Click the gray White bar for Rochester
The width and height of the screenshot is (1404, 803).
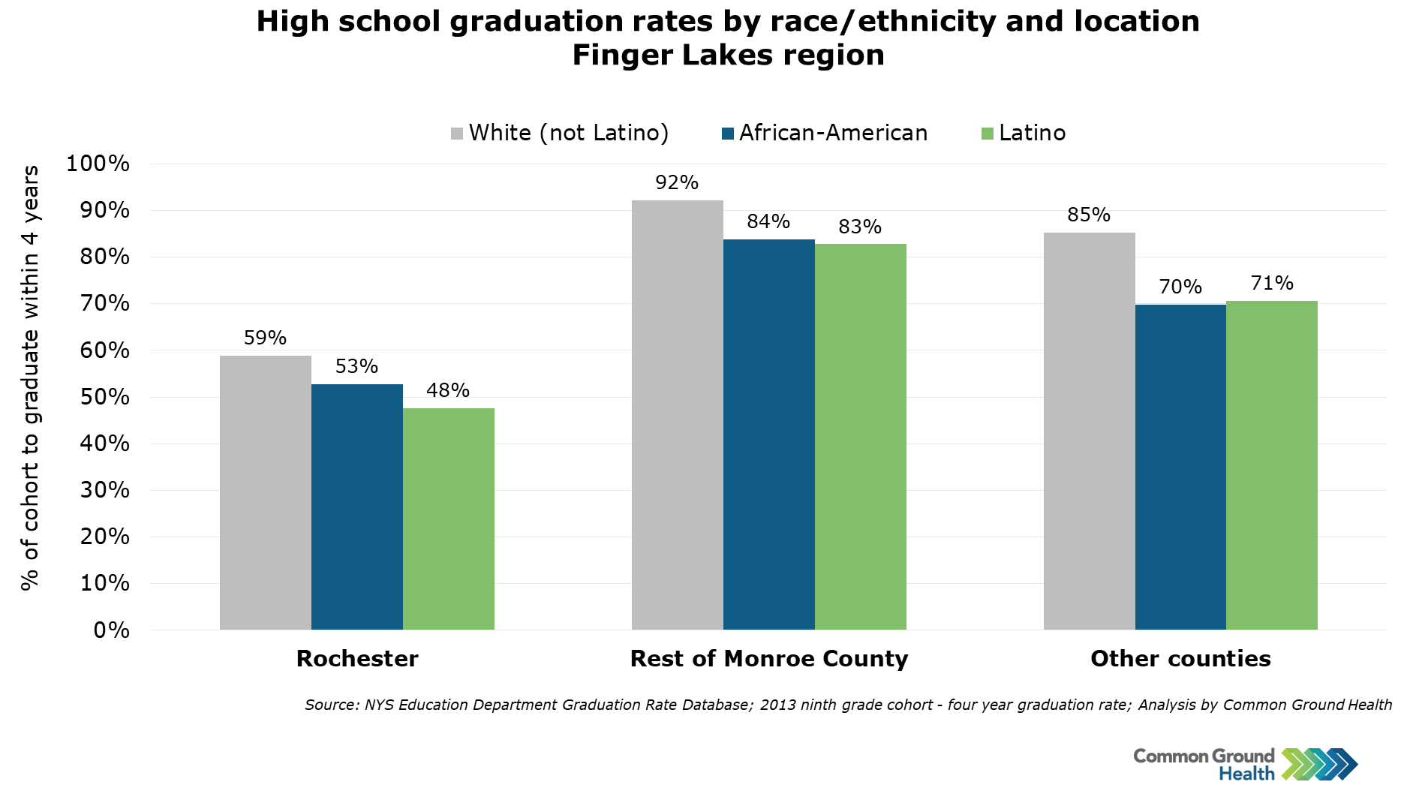(x=265, y=492)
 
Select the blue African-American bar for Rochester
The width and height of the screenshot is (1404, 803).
(x=356, y=507)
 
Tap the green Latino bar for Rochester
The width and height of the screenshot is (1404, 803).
(x=448, y=519)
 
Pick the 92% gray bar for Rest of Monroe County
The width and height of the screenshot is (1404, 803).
(x=677, y=415)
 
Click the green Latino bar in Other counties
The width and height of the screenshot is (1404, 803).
(x=1271, y=465)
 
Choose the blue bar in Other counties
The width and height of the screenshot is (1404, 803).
(x=1180, y=467)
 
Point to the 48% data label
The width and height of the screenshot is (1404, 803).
(x=448, y=390)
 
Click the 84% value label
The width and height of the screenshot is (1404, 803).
(x=768, y=221)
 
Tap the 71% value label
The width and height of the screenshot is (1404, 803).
(x=1272, y=283)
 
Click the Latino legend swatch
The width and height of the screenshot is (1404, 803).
(x=988, y=134)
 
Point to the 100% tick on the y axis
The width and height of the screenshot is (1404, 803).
(x=98, y=164)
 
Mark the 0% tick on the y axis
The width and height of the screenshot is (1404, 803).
(x=112, y=630)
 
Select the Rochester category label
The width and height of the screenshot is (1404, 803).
(x=357, y=658)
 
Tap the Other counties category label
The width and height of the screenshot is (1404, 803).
(x=1180, y=658)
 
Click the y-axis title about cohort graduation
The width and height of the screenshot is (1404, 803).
(x=30, y=377)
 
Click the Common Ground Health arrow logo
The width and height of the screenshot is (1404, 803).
(x=1319, y=764)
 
